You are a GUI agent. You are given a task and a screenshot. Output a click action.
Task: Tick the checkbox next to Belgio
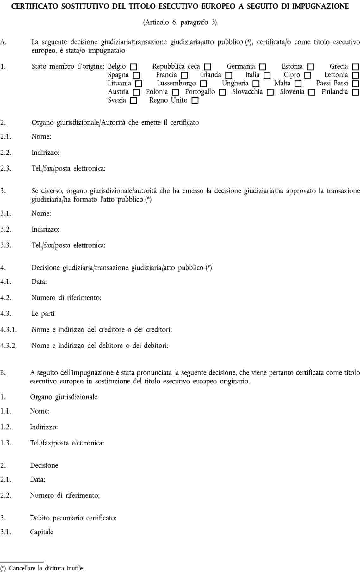tap(133, 67)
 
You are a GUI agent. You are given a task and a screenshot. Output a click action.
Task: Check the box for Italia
tap(267, 76)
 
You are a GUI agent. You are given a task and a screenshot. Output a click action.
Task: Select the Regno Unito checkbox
tap(195, 101)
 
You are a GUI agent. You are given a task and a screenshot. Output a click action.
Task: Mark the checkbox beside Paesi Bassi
tap(356, 84)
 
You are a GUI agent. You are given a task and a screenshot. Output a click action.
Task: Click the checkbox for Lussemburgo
tap(203, 84)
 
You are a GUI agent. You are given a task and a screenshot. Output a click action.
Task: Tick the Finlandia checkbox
tap(356, 92)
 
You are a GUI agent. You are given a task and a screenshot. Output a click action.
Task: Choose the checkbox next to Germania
tap(263, 67)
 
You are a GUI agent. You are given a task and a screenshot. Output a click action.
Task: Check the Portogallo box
tap(223, 92)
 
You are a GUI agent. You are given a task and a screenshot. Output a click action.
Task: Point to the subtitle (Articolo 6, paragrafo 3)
tap(180, 22)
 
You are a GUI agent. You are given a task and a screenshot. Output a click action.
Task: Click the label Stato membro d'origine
tap(68, 66)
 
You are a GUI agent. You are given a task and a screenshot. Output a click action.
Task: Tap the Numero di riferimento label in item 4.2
tap(66, 298)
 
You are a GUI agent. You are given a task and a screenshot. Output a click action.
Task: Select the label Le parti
tap(43, 314)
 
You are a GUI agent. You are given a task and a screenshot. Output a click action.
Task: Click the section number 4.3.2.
tap(9, 346)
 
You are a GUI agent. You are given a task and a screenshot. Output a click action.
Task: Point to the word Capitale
tap(41, 532)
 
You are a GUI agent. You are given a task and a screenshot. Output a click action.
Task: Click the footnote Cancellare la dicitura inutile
tap(47, 568)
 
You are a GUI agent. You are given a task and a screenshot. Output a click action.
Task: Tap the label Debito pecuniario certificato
tap(73, 518)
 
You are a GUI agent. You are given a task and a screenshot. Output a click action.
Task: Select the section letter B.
tap(3, 373)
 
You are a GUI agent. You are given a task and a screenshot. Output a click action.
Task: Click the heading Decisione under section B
tap(44, 465)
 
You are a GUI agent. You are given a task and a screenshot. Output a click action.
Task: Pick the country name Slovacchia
tap(247, 92)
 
